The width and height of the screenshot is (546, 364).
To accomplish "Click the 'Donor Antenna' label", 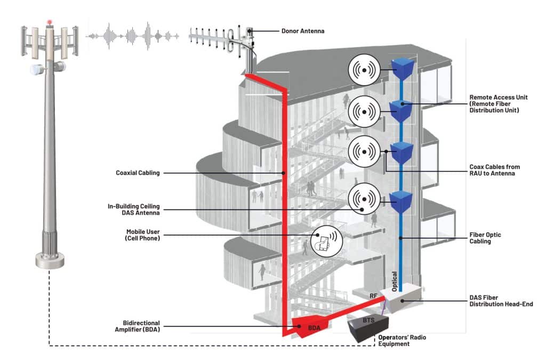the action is click(303, 31).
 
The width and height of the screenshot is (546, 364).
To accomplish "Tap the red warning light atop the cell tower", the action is click(50, 22).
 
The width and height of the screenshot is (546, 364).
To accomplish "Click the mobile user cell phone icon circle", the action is click(326, 241).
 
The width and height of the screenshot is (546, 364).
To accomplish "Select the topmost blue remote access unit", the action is click(403, 68).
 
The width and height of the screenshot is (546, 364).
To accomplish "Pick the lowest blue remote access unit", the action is click(401, 202).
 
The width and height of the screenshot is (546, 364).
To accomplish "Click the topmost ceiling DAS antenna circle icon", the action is click(364, 70).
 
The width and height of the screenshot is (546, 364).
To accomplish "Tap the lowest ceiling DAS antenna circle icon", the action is click(364, 199).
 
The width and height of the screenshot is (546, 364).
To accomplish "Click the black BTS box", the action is click(368, 328).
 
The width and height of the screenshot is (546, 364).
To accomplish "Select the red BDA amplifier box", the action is click(310, 326).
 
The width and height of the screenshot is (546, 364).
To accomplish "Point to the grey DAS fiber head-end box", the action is click(401, 298).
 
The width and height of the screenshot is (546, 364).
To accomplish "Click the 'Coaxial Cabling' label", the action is click(138, 173).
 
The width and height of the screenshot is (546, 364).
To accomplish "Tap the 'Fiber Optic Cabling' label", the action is click(485, 238).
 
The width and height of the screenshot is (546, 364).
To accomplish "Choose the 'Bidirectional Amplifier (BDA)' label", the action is click(137, 326).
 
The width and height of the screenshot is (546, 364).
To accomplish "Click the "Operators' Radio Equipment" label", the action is click(402, 341).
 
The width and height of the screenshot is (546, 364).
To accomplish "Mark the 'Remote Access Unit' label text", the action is click(499, 98).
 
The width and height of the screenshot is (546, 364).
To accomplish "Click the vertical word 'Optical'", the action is click(394, 281).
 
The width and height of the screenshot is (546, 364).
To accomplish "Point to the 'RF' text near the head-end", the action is click(373, 296).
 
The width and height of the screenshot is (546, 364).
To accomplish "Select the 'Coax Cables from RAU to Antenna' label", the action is click(494, 170).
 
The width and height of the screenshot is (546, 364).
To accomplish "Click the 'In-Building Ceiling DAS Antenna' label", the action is click(134, 209).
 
